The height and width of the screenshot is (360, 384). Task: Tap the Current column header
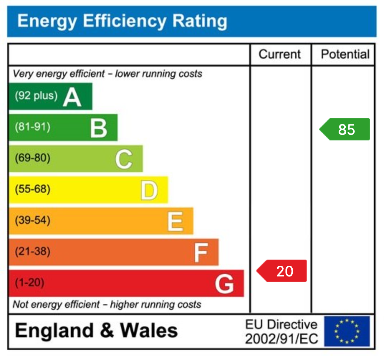point(280,55)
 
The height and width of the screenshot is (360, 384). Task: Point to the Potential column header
point(345,55)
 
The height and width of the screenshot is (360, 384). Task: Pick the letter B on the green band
point(98,128)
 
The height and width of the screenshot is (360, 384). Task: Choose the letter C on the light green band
point(124,160)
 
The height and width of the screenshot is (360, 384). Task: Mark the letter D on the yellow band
point(149,191)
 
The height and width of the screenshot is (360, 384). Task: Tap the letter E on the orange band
point(175,222)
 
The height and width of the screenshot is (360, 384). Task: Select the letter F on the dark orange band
point(201,253)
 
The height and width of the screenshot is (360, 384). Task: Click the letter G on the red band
point(225,284)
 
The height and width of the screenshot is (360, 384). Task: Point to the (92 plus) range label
point(36,96)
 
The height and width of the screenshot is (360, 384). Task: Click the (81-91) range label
point(32,127)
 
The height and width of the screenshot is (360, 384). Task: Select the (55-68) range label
point(32,189)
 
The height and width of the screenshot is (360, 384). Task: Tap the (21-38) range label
point(32,251)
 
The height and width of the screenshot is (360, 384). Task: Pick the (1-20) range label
point(29,283)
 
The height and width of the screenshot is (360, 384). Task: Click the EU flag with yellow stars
point(347,331)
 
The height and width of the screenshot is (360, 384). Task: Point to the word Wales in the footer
point(149,330)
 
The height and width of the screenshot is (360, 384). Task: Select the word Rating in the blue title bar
point(200,21)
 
